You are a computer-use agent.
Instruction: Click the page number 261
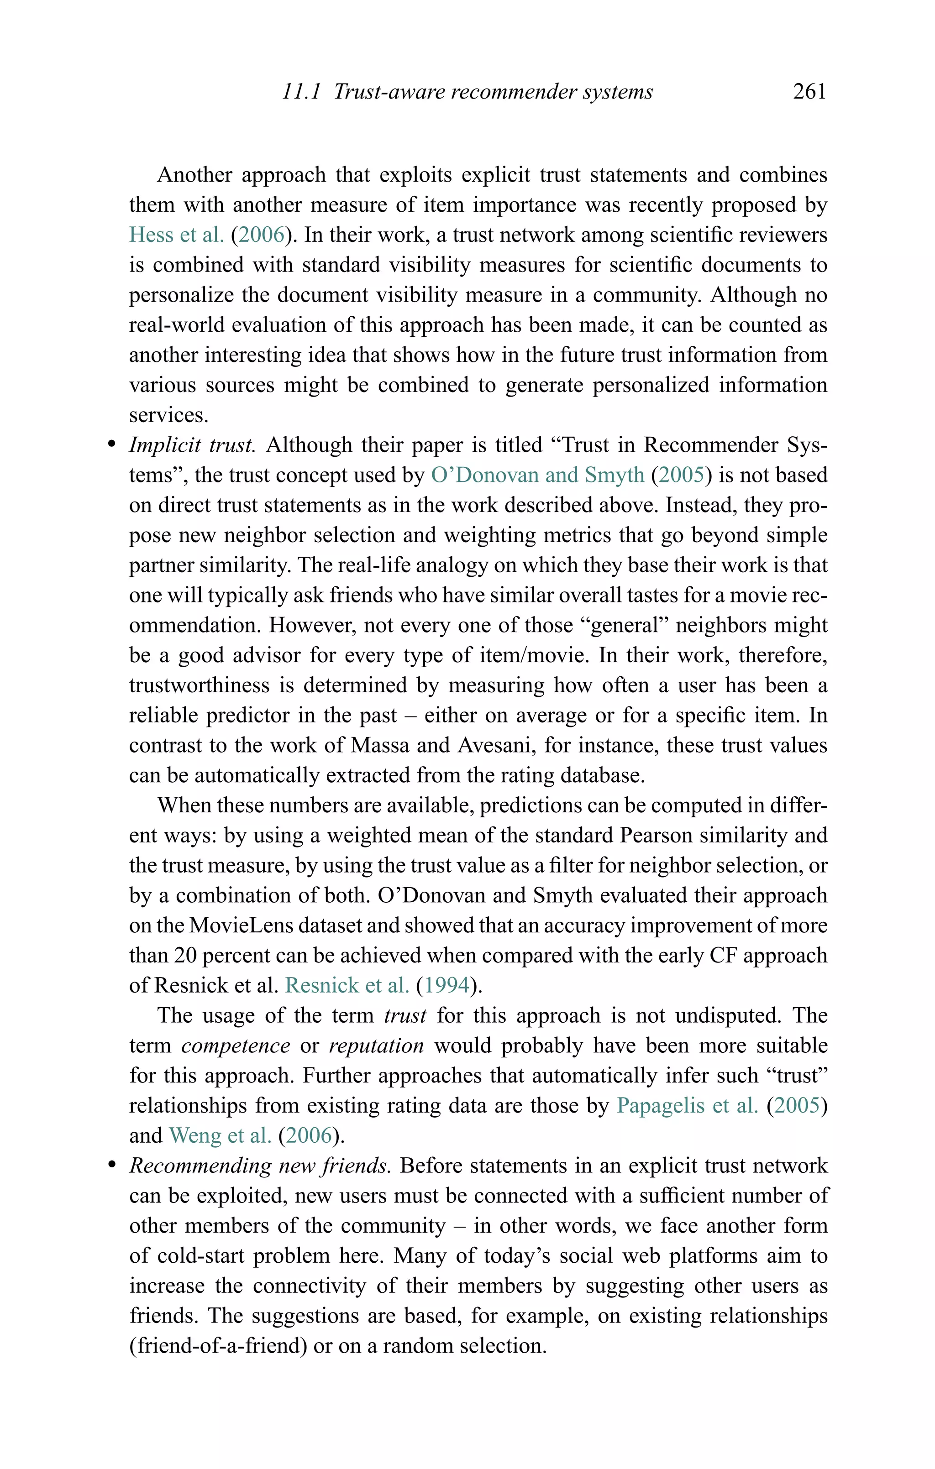click(809, 92)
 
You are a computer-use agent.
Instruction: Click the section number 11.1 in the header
click(301, 92)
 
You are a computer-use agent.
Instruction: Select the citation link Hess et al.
click(176, 235)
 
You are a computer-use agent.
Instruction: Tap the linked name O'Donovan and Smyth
click(537, 475)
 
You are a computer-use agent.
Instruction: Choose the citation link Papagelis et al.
click(687, 1105)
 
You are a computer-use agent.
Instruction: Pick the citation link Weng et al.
click(220, 1135)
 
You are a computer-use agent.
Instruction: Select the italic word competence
click(236, 1046)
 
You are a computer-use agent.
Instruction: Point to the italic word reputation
click(376, 1046)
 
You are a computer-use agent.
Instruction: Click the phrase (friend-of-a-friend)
click(218, 1346)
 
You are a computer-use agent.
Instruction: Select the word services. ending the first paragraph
click(168, 415)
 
